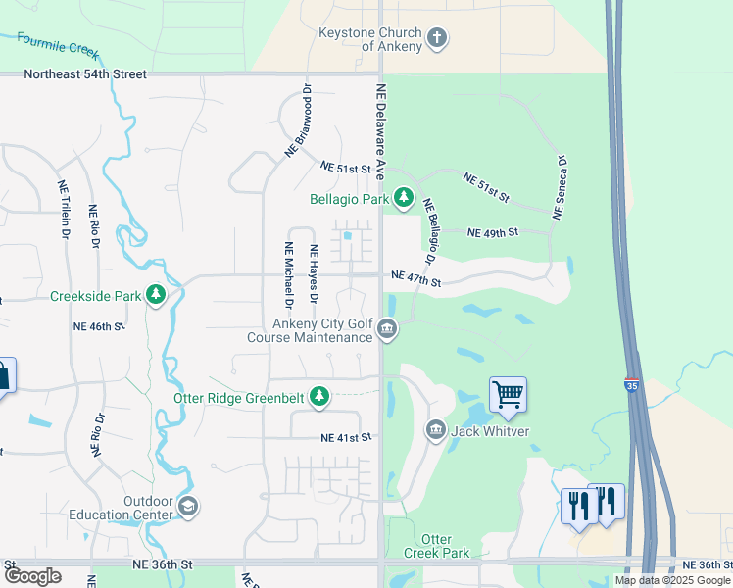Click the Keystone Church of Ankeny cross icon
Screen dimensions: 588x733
[x=437, y=39]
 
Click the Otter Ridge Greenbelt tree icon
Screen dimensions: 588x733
[x=318, y=397]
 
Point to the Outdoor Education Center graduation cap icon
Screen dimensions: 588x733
[x=188, y=507]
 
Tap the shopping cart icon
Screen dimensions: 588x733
[x=508, y=395]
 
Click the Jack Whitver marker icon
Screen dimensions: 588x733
[x=435, y=430]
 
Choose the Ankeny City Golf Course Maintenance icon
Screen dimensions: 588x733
[x=387, y=329]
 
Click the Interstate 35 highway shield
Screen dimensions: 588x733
[x=632, y=384]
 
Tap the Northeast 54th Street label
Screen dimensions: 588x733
[x=85, y=74]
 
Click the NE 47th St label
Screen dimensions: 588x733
[x=416, y=280]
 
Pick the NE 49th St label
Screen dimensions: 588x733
[x=492, y=233]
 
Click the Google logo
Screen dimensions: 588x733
[x=32, y=576]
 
